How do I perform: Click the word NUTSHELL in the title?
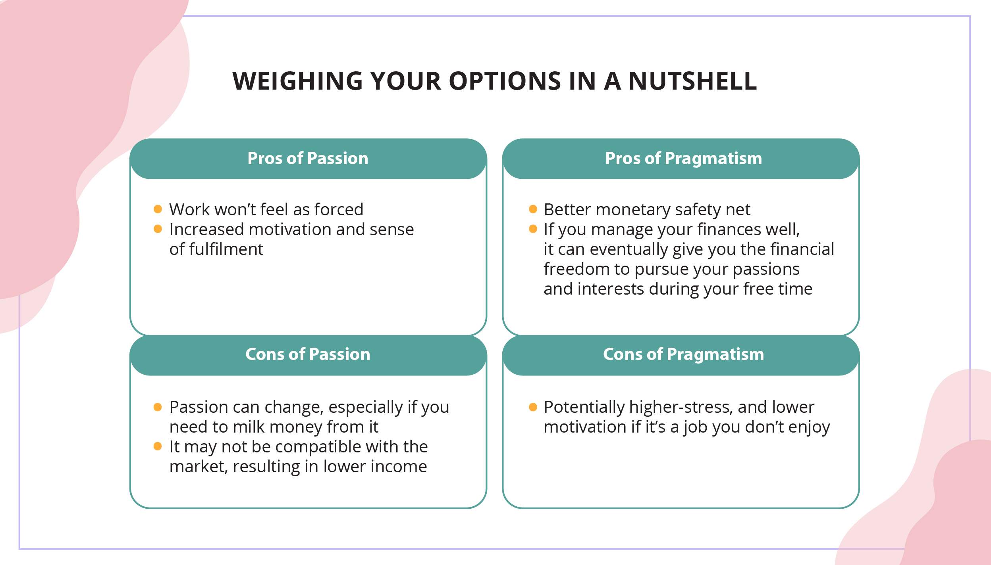point(693,81)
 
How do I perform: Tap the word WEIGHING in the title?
point(298,81)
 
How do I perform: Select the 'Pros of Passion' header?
point(308,158)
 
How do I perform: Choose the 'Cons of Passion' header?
point(308,354)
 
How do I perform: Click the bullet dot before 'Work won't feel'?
point(158,209)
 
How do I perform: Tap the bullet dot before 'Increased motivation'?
point(158,229)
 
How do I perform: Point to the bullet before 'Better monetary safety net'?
point(533,209)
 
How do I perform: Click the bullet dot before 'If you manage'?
point(533,229)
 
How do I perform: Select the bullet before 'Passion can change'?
point(158,407)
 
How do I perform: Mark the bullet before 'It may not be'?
point(158,446)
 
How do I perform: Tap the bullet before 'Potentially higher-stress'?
point(533,407)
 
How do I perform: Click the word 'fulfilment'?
point(226,249)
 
